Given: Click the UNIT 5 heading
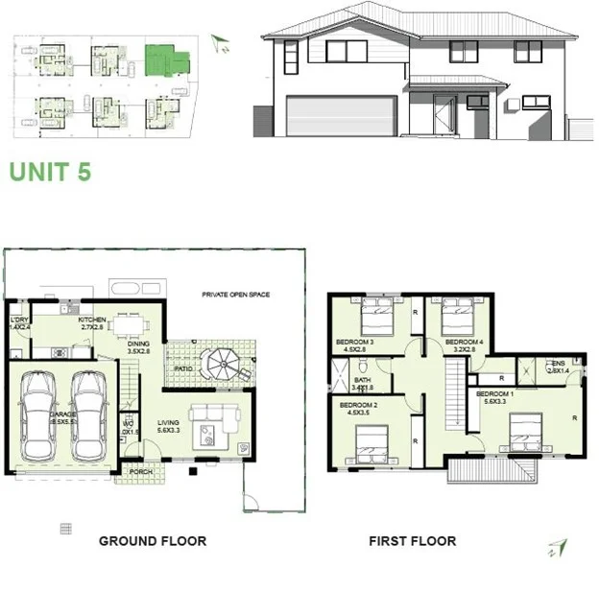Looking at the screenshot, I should click(x=50, y=172).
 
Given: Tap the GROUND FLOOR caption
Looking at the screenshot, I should click(x=153, y=541).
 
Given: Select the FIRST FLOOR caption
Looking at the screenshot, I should click(x=412, y=541).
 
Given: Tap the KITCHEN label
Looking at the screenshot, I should click(x=92, y=320).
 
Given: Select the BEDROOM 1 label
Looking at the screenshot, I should click(x=497, y=394).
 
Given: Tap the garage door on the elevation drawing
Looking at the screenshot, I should click(x=342, y=116).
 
